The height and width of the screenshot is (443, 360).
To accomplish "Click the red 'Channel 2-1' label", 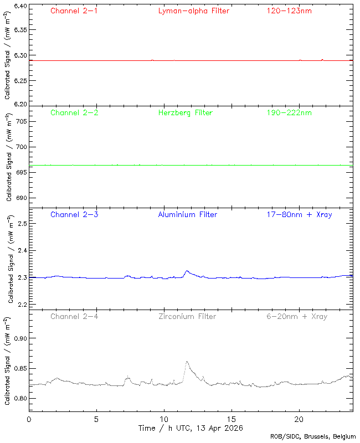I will (x=74, y=11).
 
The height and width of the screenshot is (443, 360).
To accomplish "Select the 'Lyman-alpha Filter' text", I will (x=193, y=11).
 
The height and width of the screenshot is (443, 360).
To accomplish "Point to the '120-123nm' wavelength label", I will (x=289, y=11).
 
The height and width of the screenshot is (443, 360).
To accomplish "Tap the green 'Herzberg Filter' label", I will (x=185, y=112).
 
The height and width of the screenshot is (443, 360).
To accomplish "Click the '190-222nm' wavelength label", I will (x=289, y=112).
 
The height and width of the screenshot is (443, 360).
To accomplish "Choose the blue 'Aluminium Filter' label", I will (x=187, y=214).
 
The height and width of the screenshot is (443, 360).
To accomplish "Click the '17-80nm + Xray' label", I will (x=299, y=214).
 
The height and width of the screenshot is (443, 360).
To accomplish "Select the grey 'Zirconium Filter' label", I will (x=187, y=316).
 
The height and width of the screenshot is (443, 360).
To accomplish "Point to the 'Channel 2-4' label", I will (x=74, y=316).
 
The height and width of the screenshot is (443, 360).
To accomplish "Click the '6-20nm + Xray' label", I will (x=296, y=316).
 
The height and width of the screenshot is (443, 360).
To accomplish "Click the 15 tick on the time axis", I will (x=232, y=419).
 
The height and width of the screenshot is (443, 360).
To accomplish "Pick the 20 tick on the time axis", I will (x=299, y=419).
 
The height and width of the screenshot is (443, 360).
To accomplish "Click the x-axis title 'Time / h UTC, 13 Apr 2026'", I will (x=190, y=428).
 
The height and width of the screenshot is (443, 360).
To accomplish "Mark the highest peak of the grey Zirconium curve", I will (x=187, y=362).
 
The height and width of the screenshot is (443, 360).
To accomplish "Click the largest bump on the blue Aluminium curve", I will (x=187, y=271).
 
